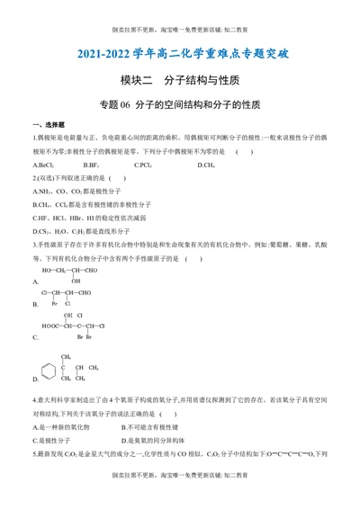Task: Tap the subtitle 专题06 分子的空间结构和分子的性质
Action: pyautogui.click(x=180, y=104)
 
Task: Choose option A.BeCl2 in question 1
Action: pyautogui.click(x=43, y=165)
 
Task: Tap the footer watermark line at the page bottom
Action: pyautogui.click(x=180, y=499)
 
